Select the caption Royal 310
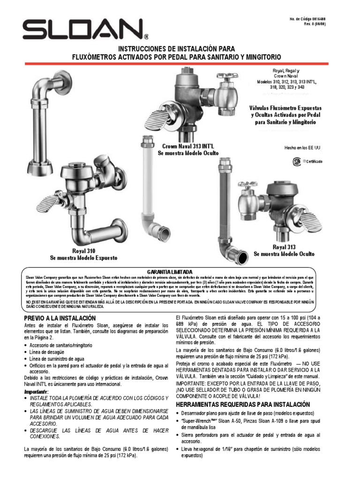click(x=83, y=251)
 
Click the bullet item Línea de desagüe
click(x=48, y=352)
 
